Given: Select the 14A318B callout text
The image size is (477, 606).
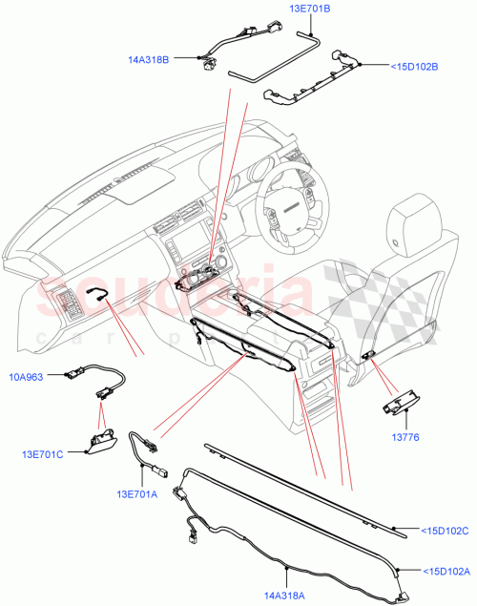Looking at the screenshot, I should click(149, 59).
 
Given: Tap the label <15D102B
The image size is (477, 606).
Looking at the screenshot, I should click(414, 67).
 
